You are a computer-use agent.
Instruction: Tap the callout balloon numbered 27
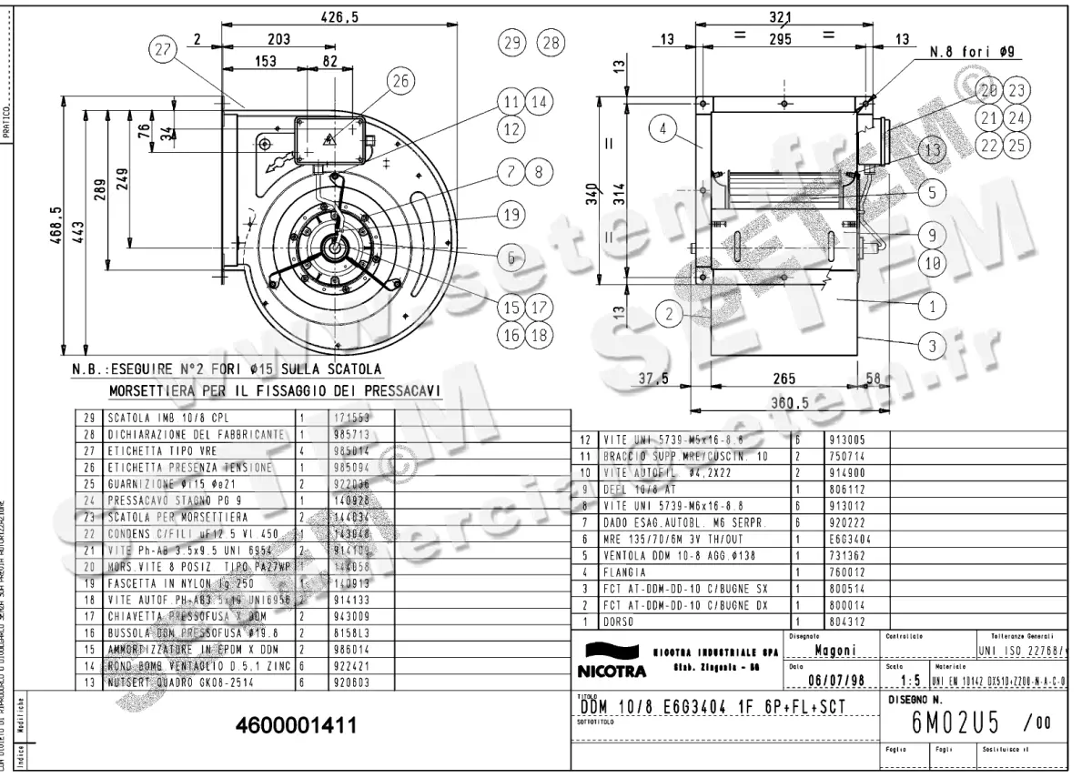pos(163,52)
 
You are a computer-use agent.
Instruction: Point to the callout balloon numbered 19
pos(511,215)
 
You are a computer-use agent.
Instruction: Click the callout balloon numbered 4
pos(663,129)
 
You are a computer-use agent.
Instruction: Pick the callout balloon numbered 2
pos(670,315)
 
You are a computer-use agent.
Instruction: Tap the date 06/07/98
pos(834,680)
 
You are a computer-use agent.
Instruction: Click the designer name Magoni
pos(833,651)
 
